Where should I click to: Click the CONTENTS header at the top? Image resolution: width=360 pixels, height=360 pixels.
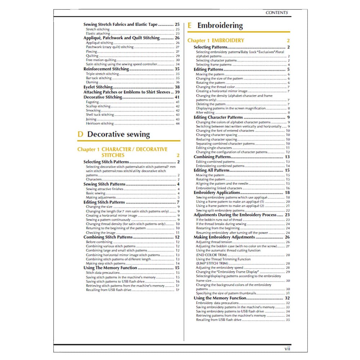click(x=276, y=13)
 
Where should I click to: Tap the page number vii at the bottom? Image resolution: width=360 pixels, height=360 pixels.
click(x=287, y=348)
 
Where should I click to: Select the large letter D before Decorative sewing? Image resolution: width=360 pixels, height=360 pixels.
click(x=80, y=135)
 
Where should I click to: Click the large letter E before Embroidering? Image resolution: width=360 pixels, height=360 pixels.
click(x=189, y=26)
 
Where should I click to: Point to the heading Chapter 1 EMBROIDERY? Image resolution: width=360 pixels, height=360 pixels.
click(x=216, y=41)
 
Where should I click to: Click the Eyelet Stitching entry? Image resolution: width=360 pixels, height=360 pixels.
click(x=98, y=87)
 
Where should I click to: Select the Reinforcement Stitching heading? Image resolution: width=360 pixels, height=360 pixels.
click(x=106, y=69)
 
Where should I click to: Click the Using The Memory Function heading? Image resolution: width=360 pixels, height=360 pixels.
click(x=110, y=268)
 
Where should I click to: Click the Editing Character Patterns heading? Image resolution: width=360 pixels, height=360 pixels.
click(x=218, y=117)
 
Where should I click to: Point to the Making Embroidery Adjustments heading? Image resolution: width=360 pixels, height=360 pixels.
click(x=224, y=237)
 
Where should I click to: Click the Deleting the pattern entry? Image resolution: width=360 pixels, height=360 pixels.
click(x=211, y=104)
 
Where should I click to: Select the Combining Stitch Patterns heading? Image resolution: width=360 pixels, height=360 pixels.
click(x=108, y=237)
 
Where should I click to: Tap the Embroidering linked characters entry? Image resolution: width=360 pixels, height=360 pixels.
click(x=219, y=188)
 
